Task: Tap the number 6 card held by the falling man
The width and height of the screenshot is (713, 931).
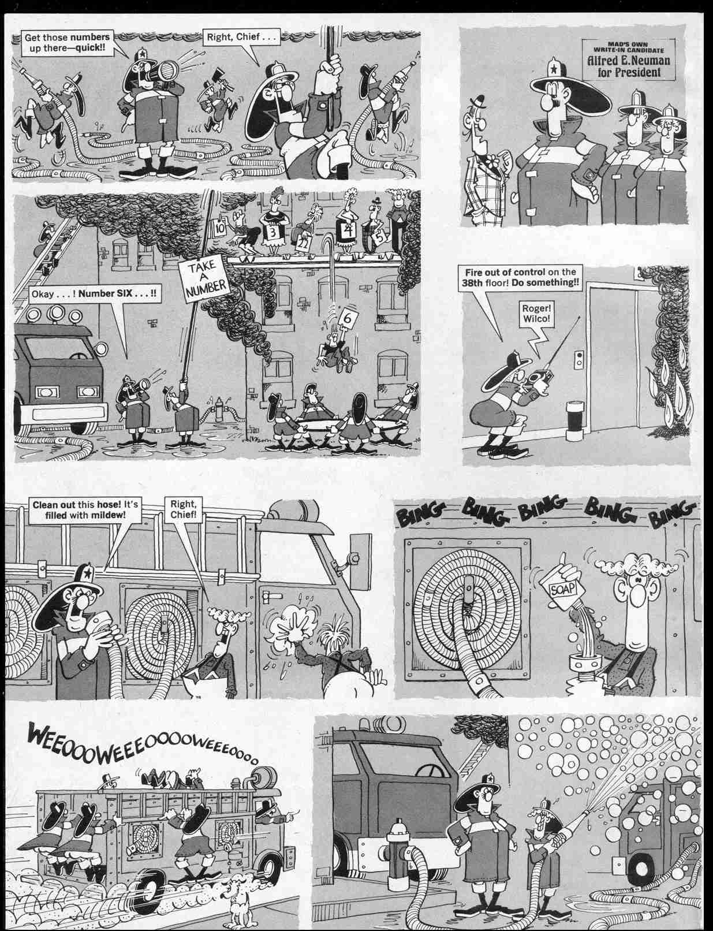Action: click(348, 319)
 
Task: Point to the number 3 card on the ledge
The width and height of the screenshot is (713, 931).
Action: click(271, 233)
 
